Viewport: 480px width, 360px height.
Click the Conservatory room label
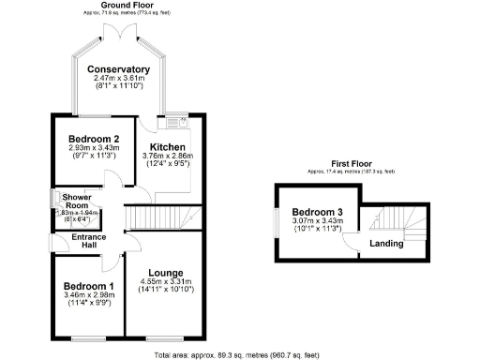pos(118,69)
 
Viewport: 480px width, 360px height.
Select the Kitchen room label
pos(167,147)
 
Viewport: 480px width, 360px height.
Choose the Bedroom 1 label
pos(88,286)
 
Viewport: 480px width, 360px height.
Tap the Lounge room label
pos(164,272)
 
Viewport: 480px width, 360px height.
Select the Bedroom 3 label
pos(315,212)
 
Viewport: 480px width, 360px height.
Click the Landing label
pos(386,244)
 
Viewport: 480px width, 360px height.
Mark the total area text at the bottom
pos(243,354)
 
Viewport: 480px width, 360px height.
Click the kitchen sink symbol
pos(175,120)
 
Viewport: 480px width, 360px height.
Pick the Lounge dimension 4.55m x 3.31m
pos(165,281)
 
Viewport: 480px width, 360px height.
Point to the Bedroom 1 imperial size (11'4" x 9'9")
pos(88,303)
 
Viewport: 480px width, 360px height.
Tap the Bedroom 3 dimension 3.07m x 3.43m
pos(315,220)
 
